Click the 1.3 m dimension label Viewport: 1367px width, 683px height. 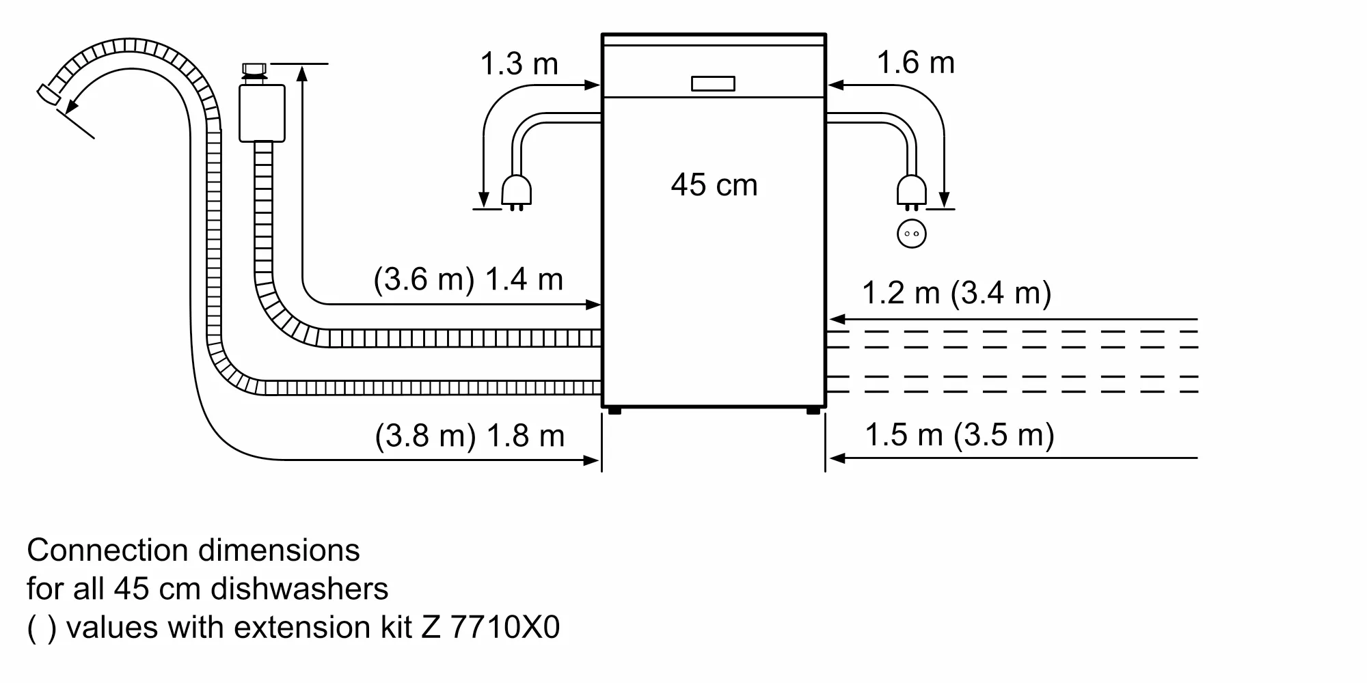519,64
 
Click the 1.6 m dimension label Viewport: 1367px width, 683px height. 915,63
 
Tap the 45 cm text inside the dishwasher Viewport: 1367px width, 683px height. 714,185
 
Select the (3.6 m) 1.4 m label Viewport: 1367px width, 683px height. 468,279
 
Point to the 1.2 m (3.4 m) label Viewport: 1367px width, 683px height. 956,293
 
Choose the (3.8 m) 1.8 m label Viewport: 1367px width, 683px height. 470,436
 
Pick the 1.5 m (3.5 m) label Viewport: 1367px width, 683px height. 960,434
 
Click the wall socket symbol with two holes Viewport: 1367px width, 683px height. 911,234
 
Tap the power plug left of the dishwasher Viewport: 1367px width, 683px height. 516,191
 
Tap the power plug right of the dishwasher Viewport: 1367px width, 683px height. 911,191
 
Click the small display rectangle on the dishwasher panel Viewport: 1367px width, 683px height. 713,83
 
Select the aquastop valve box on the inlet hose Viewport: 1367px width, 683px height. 262,113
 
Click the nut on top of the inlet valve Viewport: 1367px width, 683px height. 255,71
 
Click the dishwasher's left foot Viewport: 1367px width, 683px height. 614,410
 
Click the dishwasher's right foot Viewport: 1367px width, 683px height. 813,410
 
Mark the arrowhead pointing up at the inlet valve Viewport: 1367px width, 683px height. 303,72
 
